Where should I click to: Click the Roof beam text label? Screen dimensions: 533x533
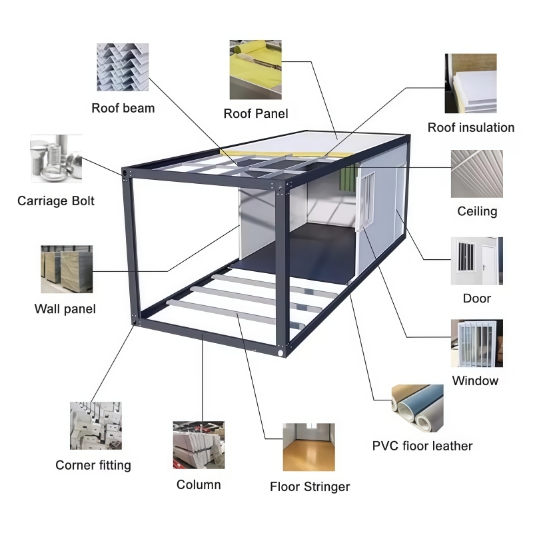coord(123,108)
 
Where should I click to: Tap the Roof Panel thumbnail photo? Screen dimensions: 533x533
coord(255,69)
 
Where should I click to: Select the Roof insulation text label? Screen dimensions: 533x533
coord(470,127)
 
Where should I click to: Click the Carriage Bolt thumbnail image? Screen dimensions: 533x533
coord(56,159)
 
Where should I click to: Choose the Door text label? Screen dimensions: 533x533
coord(476,298)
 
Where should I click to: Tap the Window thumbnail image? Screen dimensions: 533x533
coord(476,343)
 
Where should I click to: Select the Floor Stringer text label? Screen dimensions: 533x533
coord(310,487)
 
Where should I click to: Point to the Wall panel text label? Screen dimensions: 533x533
coord(65,309)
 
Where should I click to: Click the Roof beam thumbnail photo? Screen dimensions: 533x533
coord(123,67)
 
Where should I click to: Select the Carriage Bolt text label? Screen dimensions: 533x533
coord(56,201)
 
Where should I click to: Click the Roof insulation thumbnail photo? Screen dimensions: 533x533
coord(470,83)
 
